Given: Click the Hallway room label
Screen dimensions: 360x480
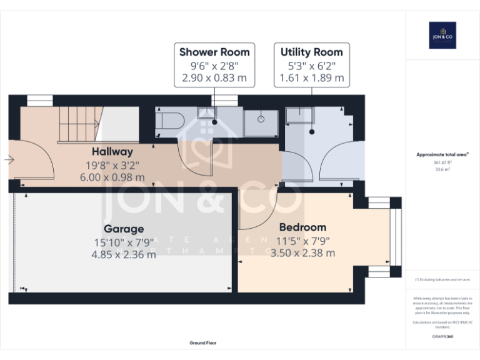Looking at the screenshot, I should tap(112, 151).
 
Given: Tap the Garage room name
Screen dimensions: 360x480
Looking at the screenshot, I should tap(123, 229).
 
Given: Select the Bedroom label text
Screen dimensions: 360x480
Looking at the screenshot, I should tap(302, 227).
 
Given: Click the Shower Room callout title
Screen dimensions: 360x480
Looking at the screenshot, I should tap(214, 52).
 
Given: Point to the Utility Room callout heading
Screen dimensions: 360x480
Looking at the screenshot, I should tap(312, 52).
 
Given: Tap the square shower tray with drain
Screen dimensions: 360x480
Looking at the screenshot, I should tap(261, 122).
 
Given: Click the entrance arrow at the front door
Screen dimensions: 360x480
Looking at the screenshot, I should tap(9, 160).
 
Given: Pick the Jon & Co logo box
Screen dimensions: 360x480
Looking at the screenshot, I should tap(442, 35).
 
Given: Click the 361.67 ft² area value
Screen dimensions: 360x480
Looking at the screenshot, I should tap(442, 162).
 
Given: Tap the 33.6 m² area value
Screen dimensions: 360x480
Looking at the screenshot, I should tap(442, 169).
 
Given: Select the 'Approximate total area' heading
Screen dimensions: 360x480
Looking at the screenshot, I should tap(442, 154).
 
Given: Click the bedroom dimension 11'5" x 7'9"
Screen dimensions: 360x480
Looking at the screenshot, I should tap(303, 241).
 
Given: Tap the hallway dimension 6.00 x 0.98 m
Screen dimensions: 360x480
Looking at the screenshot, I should tap(112, 177).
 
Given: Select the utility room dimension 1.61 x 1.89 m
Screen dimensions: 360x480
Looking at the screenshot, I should tap(312, 78).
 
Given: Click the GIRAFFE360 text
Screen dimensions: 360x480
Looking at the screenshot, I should tap(442, 337).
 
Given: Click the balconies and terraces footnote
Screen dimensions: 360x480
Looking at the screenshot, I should tap(442, 279).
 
